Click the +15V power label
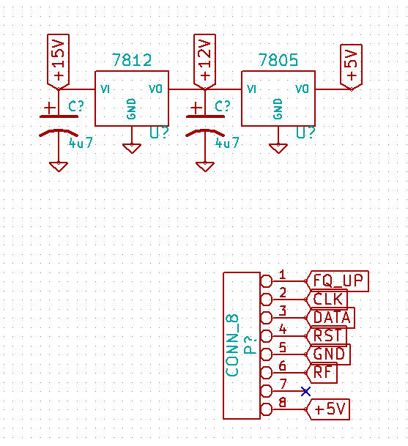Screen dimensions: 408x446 point(59,62)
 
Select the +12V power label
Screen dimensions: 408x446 point(205,62)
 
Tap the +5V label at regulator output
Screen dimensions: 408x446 point(352,67)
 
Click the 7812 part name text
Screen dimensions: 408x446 point(132,60)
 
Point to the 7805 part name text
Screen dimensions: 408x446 point(278,60)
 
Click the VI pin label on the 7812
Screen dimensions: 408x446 point(105,89)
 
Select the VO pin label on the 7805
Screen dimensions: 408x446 point(302,89)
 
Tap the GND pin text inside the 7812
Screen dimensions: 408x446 point(131,108)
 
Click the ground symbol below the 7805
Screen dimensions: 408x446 point(278,149)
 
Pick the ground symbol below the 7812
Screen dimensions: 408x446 point(132,149)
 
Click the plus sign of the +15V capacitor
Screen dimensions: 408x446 point(50,108)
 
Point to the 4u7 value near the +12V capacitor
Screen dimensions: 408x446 point(227,143)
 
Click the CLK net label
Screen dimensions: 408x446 point(327,300)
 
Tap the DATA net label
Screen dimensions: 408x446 point(331,317)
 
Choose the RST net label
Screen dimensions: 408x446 point(327,335)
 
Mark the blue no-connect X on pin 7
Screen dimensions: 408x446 point(305,391)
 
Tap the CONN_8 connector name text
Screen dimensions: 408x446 point(232,346)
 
